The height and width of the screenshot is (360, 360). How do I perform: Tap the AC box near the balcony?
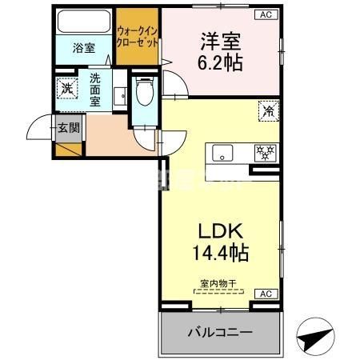(x=262, y=294)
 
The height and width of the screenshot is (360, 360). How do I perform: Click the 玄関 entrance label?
(x=68, y=127)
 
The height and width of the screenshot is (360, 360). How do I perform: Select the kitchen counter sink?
(x=222, y=151)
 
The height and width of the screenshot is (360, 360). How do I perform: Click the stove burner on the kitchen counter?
(x=262, y=150)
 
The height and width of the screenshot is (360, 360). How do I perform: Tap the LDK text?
(x=221, y=232)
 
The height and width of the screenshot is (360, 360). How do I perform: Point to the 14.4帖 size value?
(x=221, y=254)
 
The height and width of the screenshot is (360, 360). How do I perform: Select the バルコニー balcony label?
(x=220, y=332)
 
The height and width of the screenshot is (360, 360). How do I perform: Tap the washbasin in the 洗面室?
(x=122, y=94)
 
